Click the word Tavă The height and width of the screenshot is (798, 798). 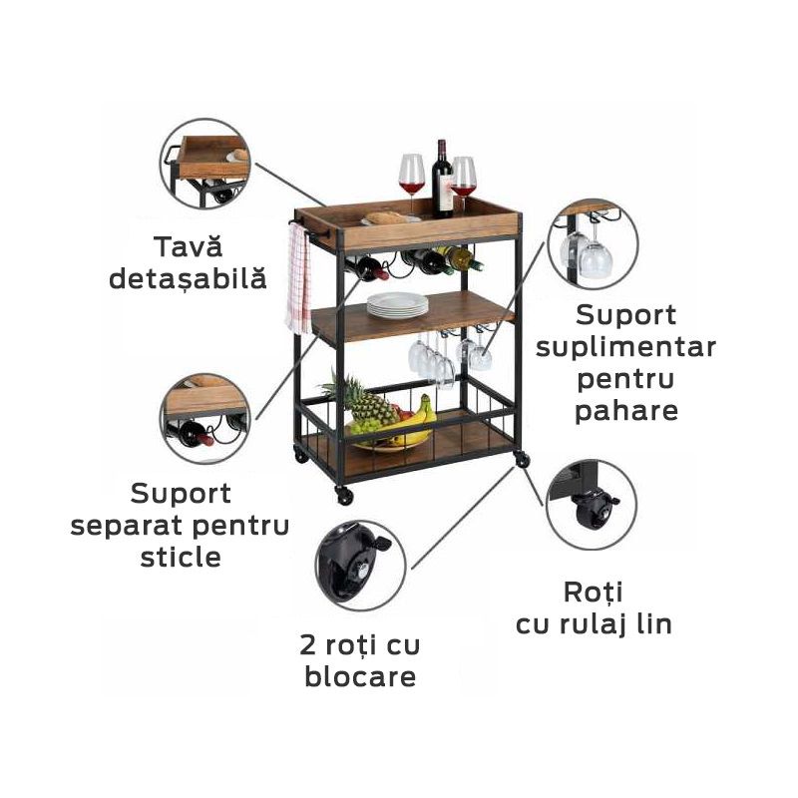188,246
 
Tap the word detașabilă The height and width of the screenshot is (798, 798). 188,278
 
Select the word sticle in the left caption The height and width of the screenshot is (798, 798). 181,557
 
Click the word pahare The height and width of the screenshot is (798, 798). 626,412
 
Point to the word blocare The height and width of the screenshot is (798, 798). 360,676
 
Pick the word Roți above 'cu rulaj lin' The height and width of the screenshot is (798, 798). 594,592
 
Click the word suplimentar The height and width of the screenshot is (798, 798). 626,347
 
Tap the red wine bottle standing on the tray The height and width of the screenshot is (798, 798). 442,179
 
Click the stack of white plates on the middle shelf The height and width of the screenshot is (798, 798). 397,305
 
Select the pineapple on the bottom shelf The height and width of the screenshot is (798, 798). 365,400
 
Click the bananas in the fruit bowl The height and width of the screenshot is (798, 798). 418,420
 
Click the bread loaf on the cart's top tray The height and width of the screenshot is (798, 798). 387,217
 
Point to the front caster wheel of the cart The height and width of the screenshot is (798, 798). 344,495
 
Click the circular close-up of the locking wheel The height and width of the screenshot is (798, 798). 360,566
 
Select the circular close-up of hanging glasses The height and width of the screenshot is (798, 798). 593,244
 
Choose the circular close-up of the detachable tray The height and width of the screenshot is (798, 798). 205,164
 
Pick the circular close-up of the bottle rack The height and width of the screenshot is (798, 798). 205,418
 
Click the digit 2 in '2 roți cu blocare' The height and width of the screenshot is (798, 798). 309,644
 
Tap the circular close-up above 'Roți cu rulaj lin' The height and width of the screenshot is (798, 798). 592,505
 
